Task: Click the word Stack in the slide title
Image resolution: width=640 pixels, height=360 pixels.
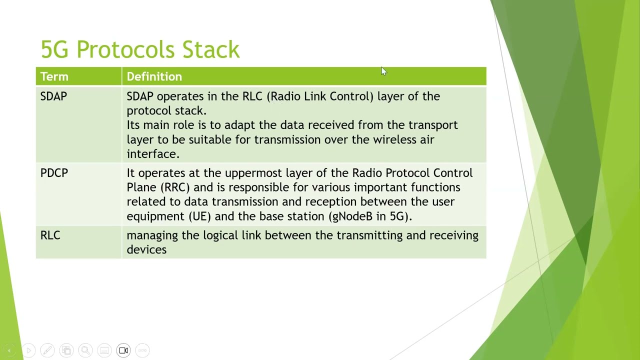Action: click(x=210, y=49)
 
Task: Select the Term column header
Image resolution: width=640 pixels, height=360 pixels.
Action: click(x=54, y=76)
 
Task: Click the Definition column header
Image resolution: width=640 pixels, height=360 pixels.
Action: click(x=154, y=76)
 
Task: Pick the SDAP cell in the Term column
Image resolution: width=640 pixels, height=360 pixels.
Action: click(x=53, y=96)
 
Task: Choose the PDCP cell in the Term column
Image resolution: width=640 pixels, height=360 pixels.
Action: click(x=54, y=173)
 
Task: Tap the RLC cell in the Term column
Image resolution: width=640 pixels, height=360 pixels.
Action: click(x=50, y=235)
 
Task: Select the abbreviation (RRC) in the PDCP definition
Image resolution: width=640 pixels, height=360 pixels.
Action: click(x=175, y=187)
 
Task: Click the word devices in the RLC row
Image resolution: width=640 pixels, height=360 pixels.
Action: click(x=146, y=249)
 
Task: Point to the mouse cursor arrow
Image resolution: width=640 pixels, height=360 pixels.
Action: click(x=383, y=71)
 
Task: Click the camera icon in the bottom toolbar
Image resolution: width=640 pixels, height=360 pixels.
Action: click(x=123, y=350)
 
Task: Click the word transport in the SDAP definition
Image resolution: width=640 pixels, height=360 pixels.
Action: click(x=433, y=125)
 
